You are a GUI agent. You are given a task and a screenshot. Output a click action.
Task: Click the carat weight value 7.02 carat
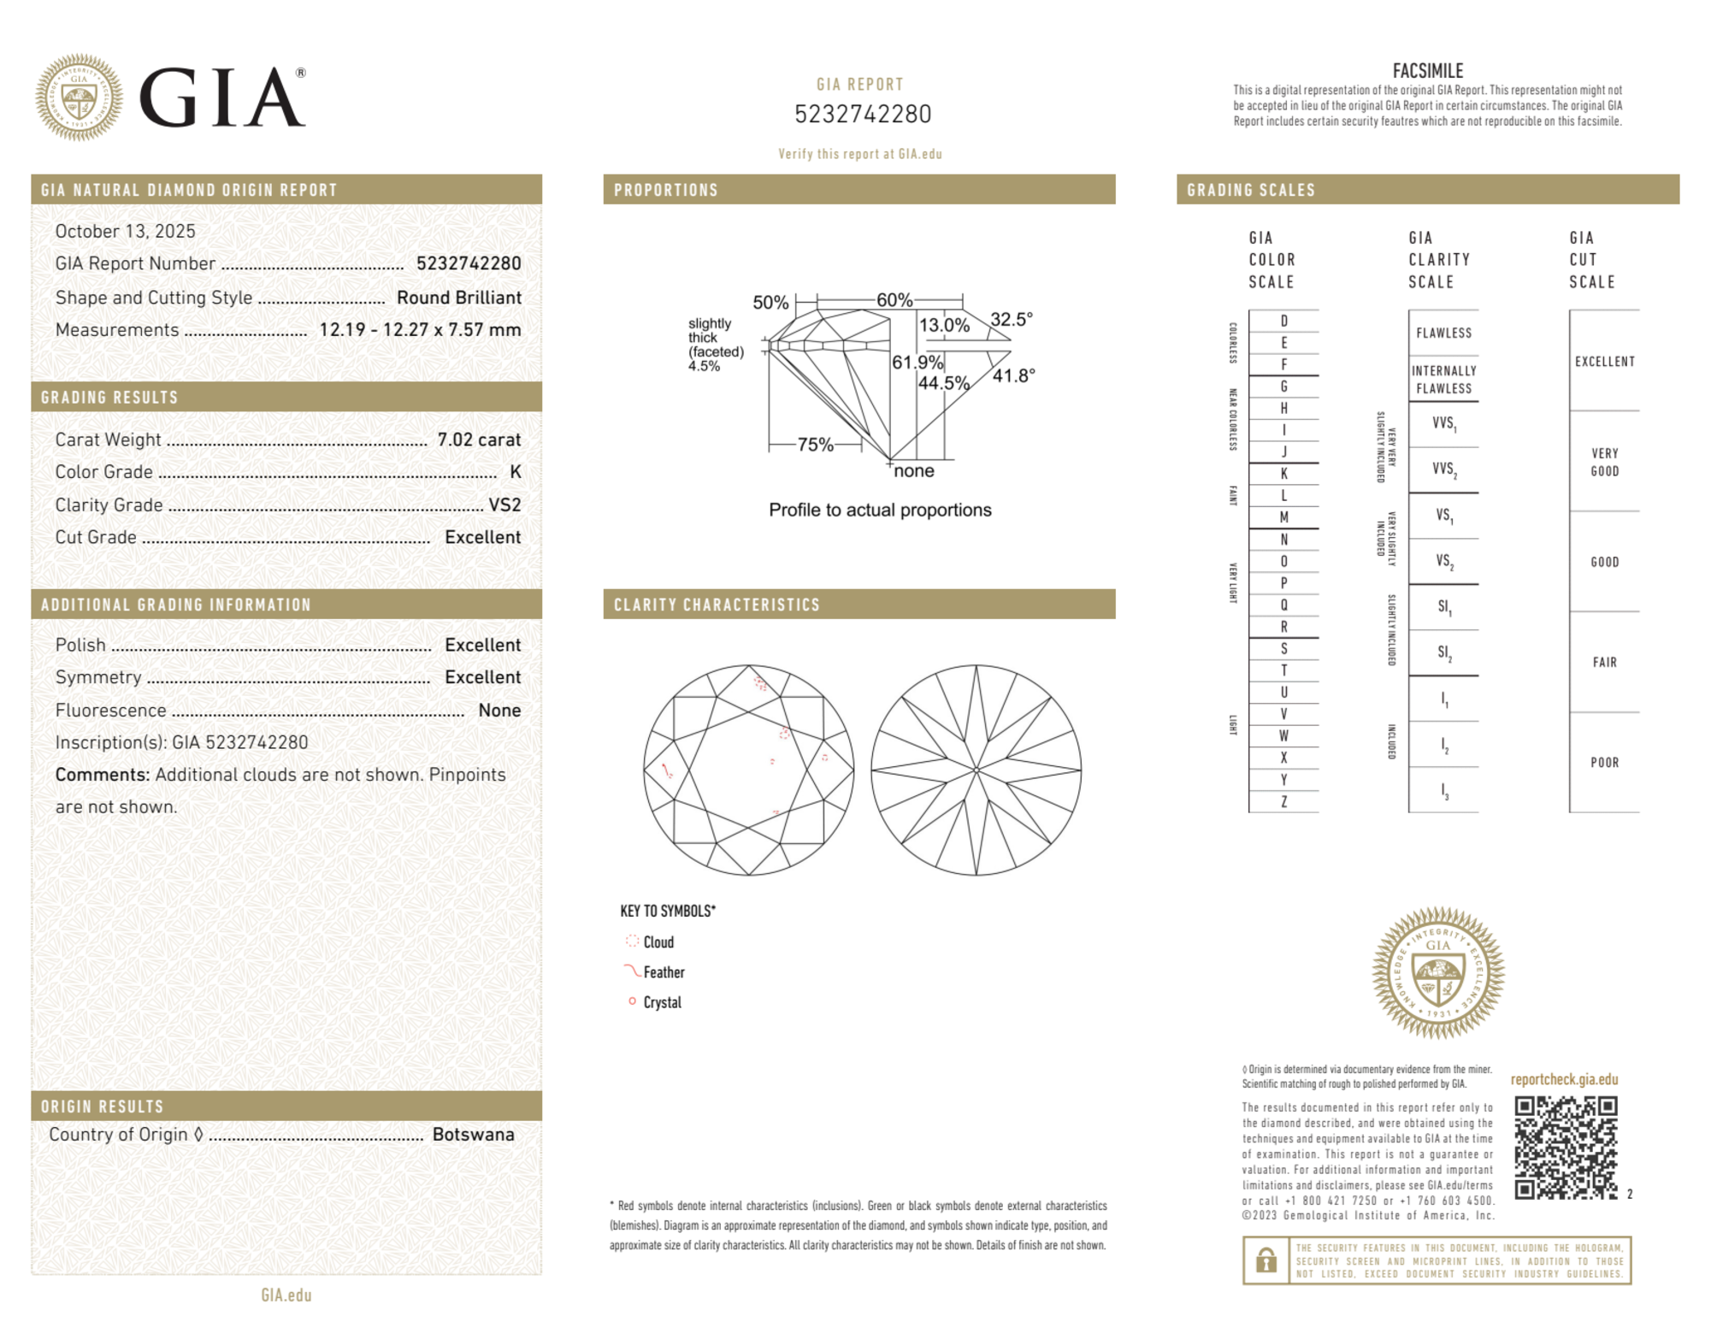click(x=478, y=440)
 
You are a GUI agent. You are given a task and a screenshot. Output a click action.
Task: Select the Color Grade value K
click(x=515, y=472)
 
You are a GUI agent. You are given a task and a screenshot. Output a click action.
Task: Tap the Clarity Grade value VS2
click(x=504, y=505)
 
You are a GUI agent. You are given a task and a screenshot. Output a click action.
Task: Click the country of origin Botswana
click(x=473, y=1135)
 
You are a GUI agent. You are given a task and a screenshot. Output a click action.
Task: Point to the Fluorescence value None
click(x=499, y=710)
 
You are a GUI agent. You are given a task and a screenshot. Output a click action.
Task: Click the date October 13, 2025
click(x=125, y=231)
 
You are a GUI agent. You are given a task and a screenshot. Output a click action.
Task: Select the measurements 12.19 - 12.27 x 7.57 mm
click(x=420, y=330)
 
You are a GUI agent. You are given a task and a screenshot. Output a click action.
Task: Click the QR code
click(x=1566, y=1148)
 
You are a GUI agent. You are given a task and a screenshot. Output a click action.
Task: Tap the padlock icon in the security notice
click(x=1266, y=1260)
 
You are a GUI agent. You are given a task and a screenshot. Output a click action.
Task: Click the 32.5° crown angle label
click(x=1012, y=320)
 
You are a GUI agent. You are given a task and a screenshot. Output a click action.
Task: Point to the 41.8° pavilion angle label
click(x=1014, y=375)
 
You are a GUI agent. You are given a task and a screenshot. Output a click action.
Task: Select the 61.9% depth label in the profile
click(x=917, y=363)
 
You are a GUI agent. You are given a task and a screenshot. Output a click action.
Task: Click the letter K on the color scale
click(x=1283, y=474)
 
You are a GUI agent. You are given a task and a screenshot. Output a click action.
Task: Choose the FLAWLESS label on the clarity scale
click(x=1443, y=333)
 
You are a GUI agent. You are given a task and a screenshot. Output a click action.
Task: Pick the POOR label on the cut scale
click(x=1604, y=763)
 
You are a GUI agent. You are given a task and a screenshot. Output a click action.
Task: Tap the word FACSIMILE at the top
click(x=1427, y=71)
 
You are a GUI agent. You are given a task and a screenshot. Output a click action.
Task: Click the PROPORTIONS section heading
click(x=666, y=190)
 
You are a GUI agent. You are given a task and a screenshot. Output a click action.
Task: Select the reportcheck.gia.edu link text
click(x=1564, y=1079)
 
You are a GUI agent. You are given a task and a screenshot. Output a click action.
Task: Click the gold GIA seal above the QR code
click(x=1438, y=973)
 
